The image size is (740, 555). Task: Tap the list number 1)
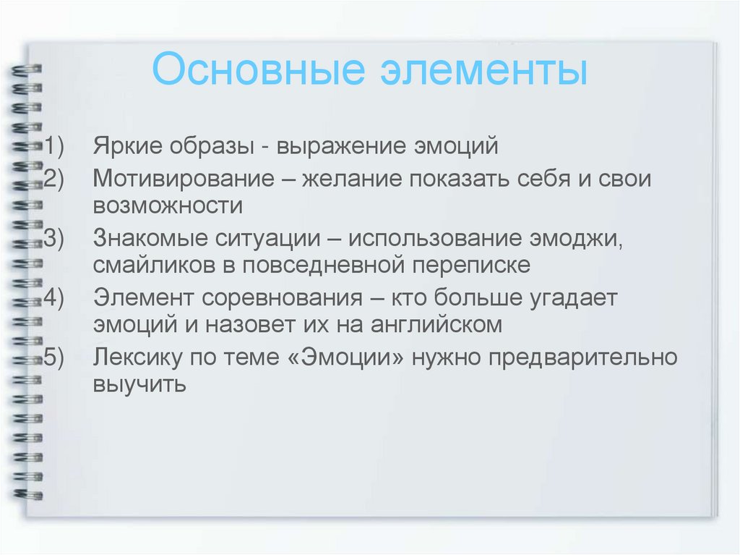click(53, 147)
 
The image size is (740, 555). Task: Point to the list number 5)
click(53, 357)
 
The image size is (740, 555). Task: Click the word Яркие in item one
click(126, 147)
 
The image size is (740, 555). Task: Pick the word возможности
click(167, 206)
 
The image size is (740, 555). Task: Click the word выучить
click(139, 384)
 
